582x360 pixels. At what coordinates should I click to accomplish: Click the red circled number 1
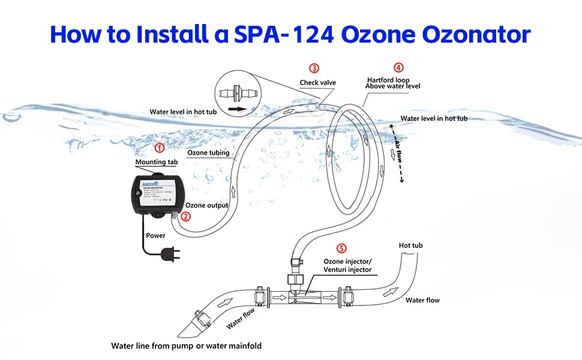(x=160, y=148)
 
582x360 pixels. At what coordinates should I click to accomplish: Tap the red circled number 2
(x=186, y=217)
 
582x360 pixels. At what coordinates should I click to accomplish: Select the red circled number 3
(x=314, y=68)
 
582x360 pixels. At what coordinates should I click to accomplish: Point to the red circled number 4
(x=398, y=68)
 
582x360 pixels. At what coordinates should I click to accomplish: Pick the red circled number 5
(x=341, y=248)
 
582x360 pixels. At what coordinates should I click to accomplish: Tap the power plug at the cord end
(x=170, y=256)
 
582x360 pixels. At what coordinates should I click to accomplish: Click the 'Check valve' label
(x=318, y=82)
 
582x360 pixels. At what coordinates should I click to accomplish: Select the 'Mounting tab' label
(x=155, y=162)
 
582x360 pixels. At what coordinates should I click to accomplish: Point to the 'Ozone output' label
(x=207, y=205)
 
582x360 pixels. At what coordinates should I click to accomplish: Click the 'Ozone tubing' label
(x=208, y=153)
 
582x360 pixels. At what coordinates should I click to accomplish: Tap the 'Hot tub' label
(x=411, y=245)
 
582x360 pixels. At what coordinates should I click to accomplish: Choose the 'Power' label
(x=155, y=236)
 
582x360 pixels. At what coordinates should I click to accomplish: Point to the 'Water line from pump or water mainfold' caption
(x=186, y=346)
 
